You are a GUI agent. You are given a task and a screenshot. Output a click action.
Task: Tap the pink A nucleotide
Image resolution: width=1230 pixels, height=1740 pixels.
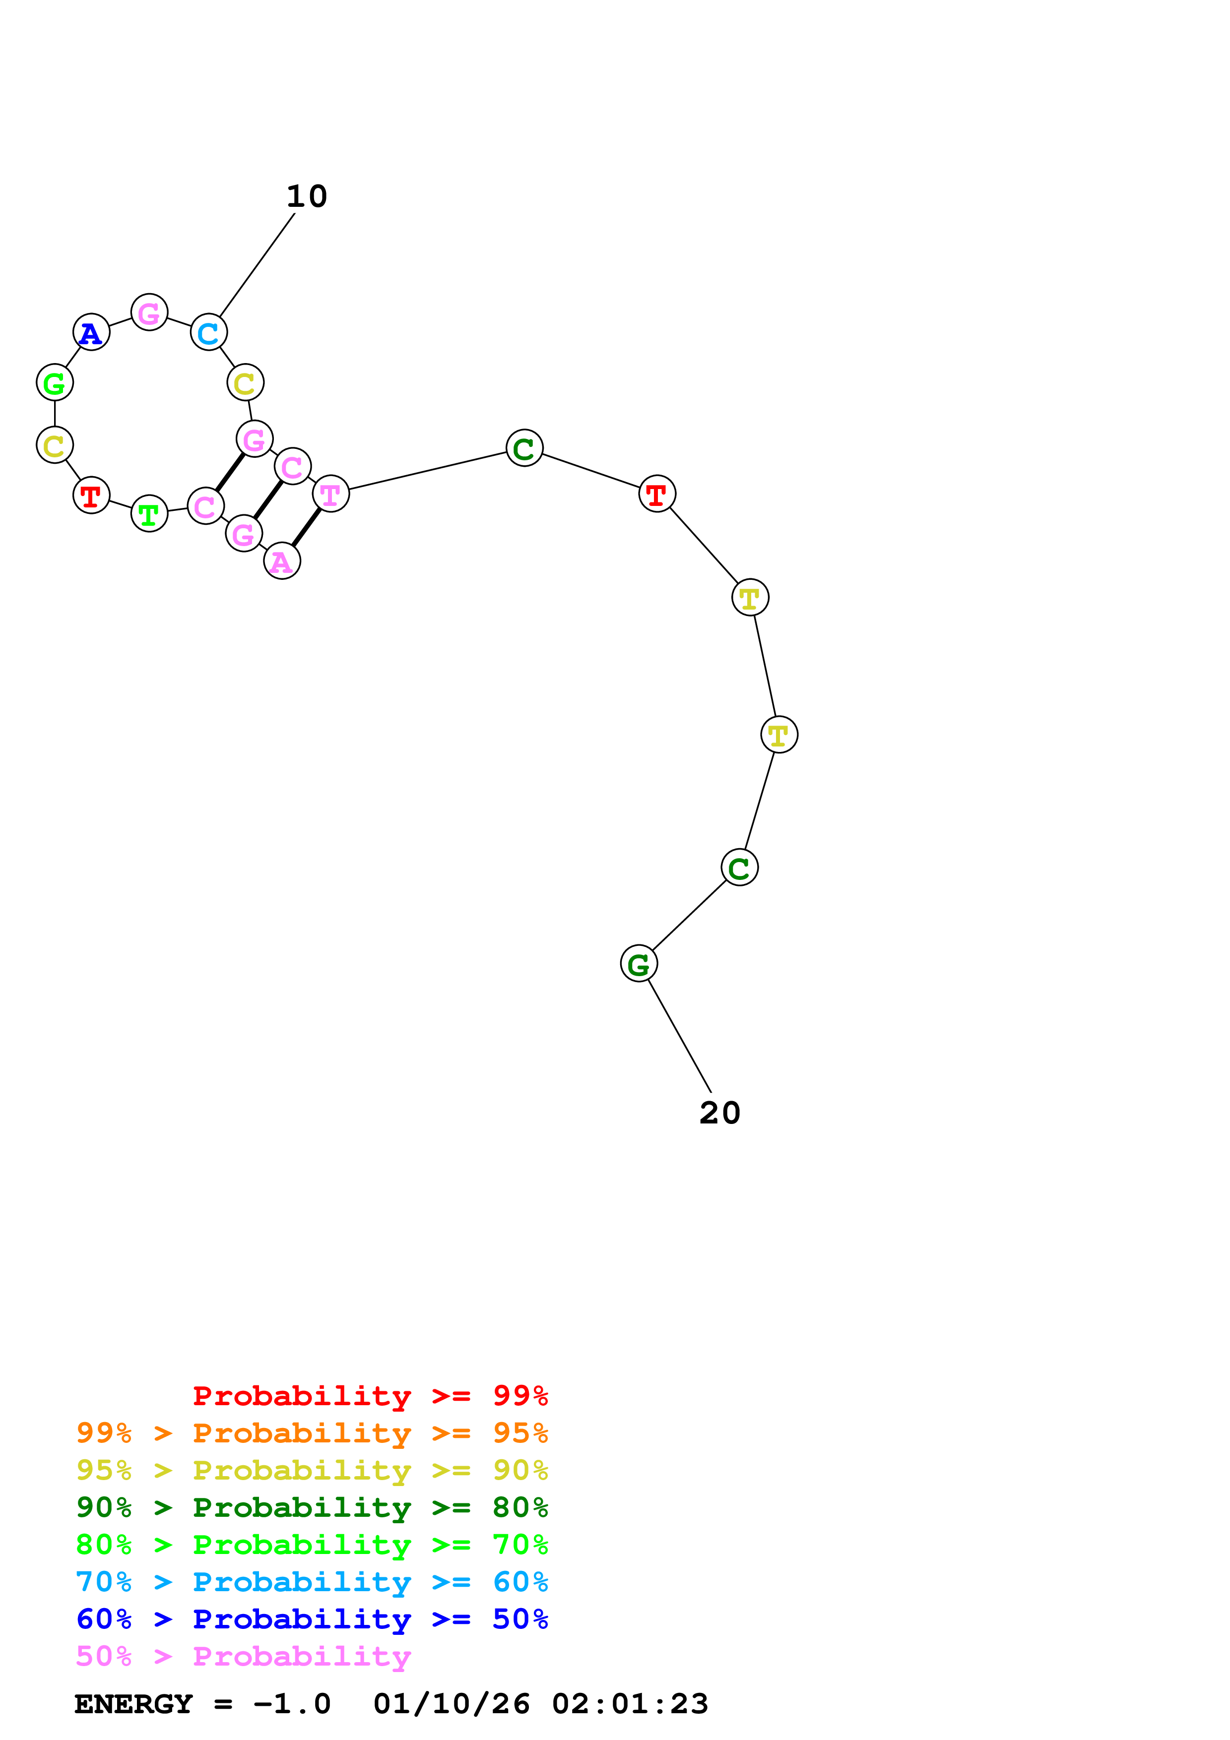click(x=282, y=561)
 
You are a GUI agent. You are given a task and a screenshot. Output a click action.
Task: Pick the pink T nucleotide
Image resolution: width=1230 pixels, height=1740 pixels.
click(x=330, y=494)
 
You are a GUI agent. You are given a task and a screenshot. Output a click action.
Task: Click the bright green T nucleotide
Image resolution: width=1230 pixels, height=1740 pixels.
click(x=149, y=514)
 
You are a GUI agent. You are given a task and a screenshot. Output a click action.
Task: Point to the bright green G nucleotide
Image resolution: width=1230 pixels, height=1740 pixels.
click(x=55, y=383)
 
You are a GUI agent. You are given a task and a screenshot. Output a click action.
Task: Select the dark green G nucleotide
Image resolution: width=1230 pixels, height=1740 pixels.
click(x=639, y=964)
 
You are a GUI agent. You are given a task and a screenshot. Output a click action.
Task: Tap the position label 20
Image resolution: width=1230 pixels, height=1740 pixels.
click(x=719, y=1113)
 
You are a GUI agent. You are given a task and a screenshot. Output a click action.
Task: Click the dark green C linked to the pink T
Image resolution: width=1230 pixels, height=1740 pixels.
click(x=524, y=448)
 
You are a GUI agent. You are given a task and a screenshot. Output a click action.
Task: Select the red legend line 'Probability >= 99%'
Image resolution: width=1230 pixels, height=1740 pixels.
click(x=370, y=1395)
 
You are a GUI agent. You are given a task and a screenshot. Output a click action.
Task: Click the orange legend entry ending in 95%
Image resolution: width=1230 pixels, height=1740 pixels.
click(x=312, y=1432)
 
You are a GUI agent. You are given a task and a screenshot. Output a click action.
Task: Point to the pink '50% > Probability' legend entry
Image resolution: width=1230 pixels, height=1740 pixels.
click(x=243, y=1656)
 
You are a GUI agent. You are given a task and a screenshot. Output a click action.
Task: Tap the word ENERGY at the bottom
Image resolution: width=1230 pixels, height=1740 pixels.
click(x=133, y=1704)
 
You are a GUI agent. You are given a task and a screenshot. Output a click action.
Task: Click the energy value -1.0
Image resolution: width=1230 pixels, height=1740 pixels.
click(x=292, y=1704)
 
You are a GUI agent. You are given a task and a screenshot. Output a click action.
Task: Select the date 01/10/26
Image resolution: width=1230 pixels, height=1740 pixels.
click(x=452, y=1704)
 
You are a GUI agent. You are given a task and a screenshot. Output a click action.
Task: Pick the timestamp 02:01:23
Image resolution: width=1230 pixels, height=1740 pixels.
click(x=630, y=1704)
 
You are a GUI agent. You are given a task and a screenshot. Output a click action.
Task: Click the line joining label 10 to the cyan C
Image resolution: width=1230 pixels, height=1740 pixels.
click(x=257, y=264)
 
